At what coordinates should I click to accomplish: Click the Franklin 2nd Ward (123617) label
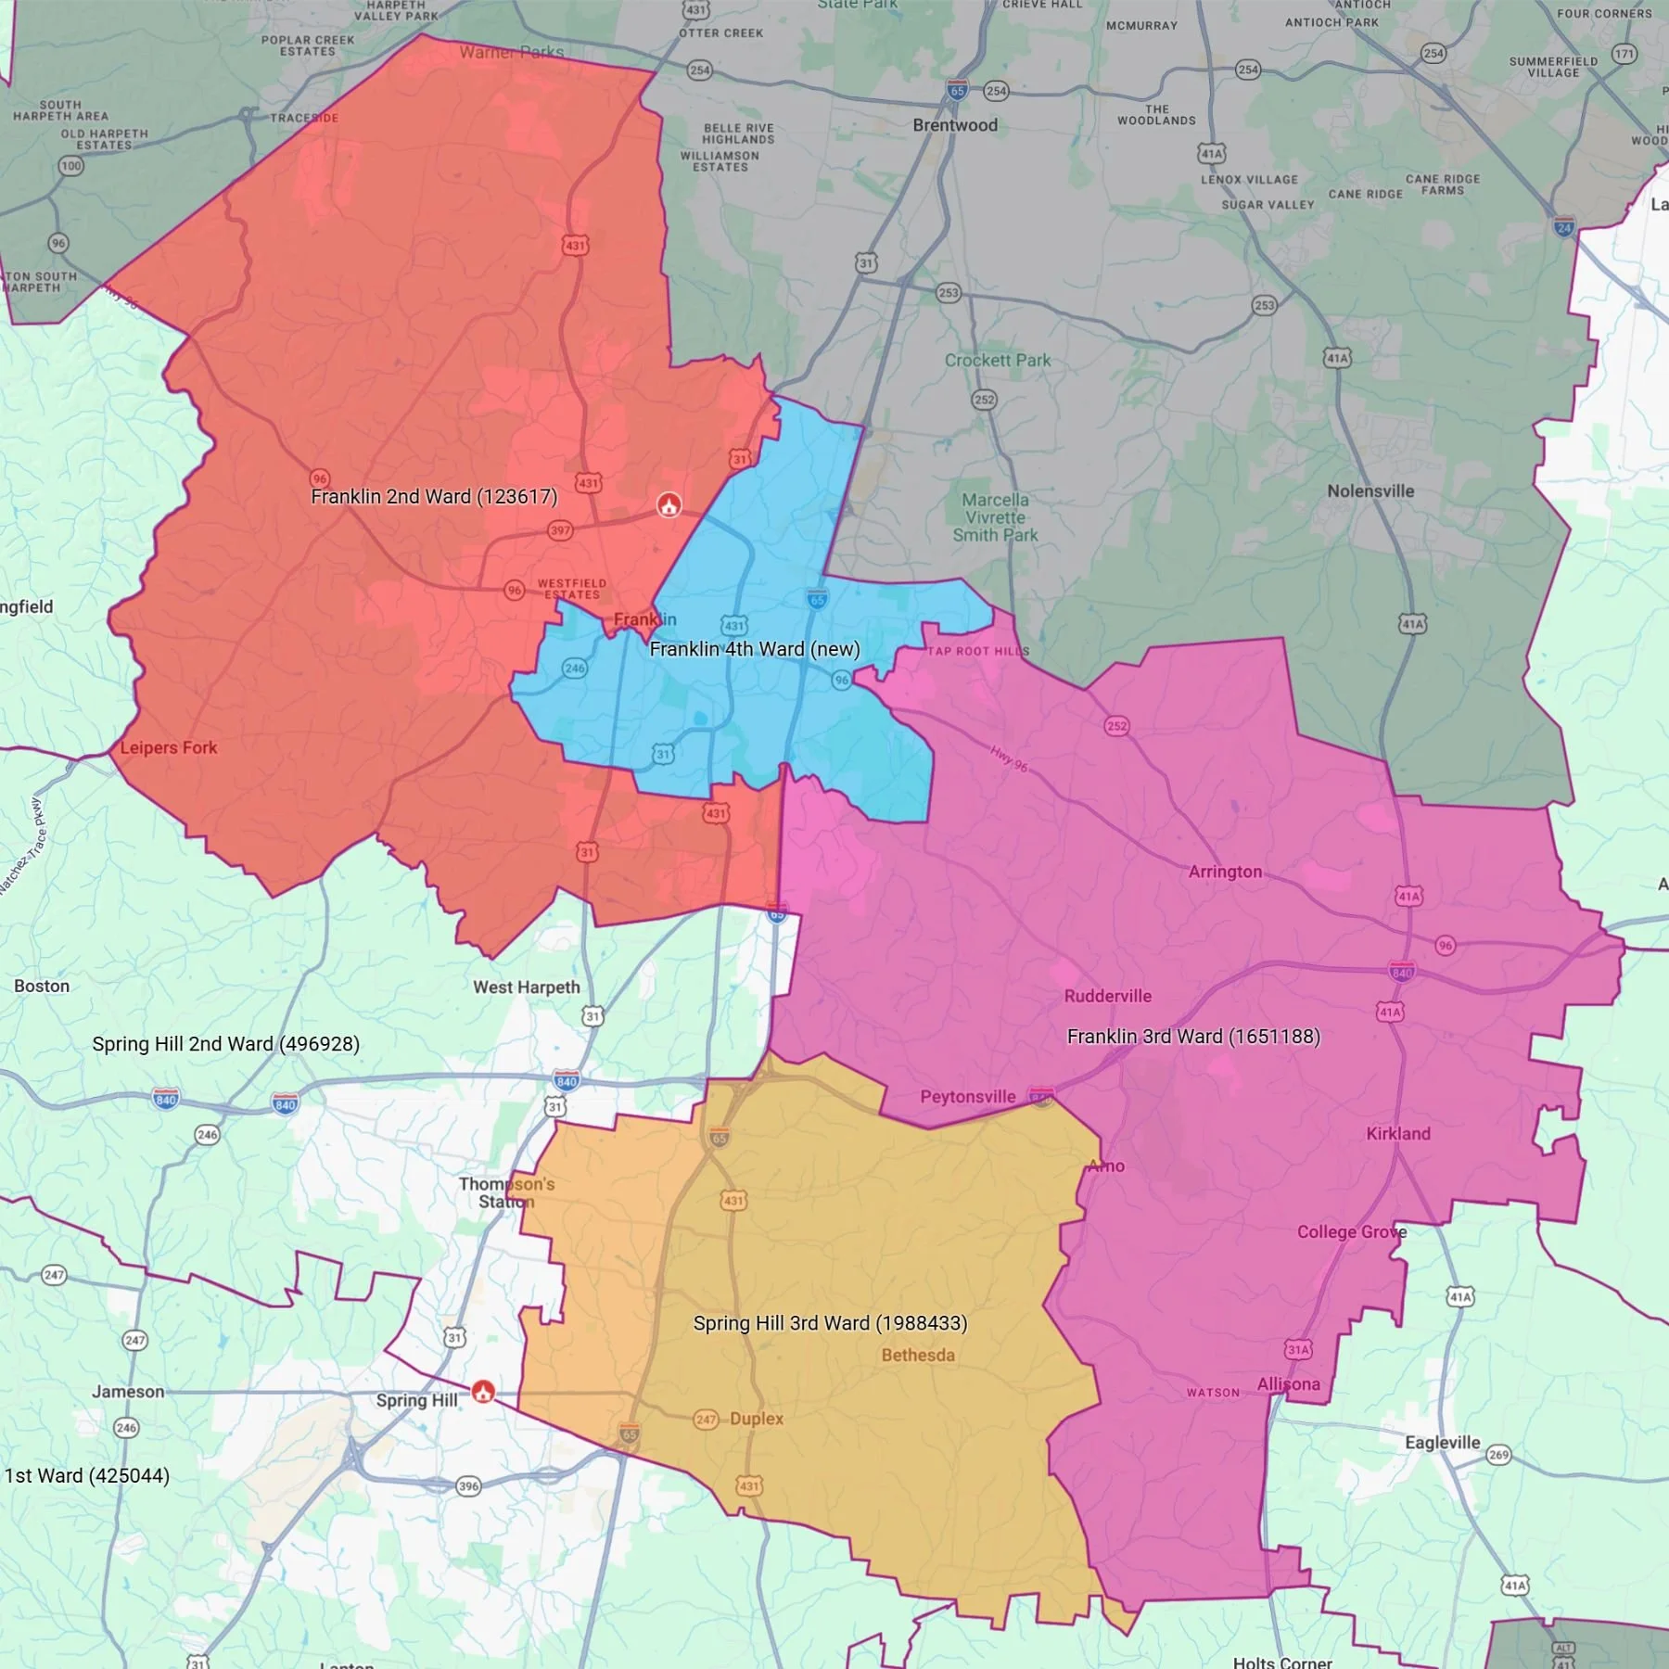434,497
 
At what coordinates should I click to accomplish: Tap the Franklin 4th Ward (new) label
755,649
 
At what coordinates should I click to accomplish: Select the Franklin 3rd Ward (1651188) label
1193,1037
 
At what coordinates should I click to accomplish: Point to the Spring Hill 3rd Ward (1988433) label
830,1323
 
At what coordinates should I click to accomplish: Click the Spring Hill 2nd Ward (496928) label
225,1044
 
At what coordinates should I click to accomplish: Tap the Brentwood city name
955,125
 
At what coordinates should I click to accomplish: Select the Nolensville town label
1370,491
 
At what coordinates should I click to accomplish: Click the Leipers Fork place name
169,748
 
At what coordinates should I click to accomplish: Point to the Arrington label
1225,872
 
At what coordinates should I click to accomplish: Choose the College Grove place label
1352,1232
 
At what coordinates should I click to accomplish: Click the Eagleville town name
1442,1443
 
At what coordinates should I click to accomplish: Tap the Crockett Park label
998,361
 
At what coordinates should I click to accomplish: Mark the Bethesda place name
918,1356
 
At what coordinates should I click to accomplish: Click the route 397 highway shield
560,530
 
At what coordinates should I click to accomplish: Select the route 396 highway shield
469,1486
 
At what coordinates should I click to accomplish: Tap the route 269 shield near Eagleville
1498,1455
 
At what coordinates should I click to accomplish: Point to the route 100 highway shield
71,167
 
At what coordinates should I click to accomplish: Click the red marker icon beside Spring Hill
483,1391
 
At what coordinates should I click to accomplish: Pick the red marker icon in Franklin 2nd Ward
669,504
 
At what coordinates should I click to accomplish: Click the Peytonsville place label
968,1097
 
